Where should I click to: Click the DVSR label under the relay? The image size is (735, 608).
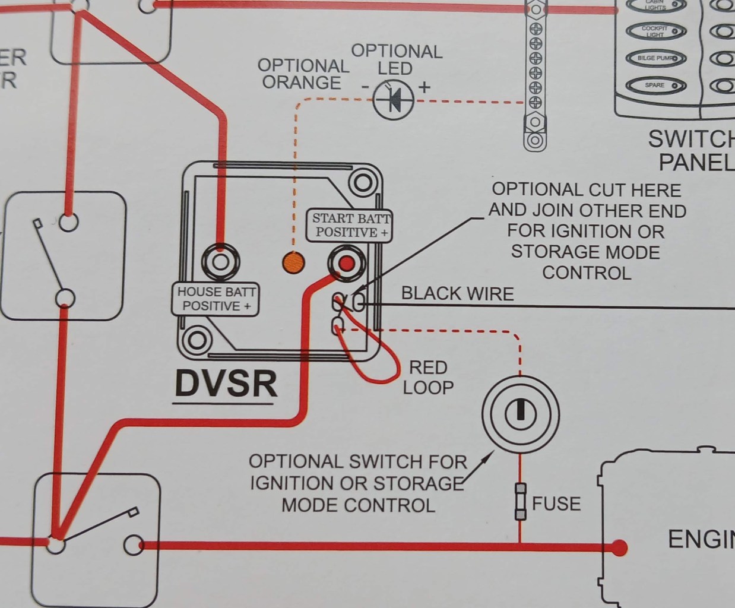pyautogui.click(x=226, y=384)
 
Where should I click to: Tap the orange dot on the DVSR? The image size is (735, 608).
pyautogui.click(x=292, y=262)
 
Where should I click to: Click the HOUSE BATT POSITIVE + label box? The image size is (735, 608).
pyautogui.click(x=216, y=299)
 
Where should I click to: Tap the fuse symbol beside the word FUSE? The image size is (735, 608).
pyautogui.click(x=520, y=502)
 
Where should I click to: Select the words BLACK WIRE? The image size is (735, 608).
pyautogui.click(x=457, y=293)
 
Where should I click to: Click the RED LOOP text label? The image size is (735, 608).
pyautogui.click(x=428, y=377)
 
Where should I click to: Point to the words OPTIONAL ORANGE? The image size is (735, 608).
pyautogui.click(x=303, y=74)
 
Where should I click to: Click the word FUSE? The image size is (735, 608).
pyautogui.click(x=556, y=503)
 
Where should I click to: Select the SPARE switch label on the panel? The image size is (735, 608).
pyautogui.click(x=655, y=85)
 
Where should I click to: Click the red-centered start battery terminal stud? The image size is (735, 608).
pyautogui.click(x=347, y=262)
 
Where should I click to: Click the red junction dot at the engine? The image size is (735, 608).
pyautogui.click(x=619, y=546)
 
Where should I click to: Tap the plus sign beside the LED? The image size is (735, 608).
pyautogui.click(x=424, y=87)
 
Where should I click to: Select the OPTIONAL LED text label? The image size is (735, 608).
pyautogui.click(x=397, y=59)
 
